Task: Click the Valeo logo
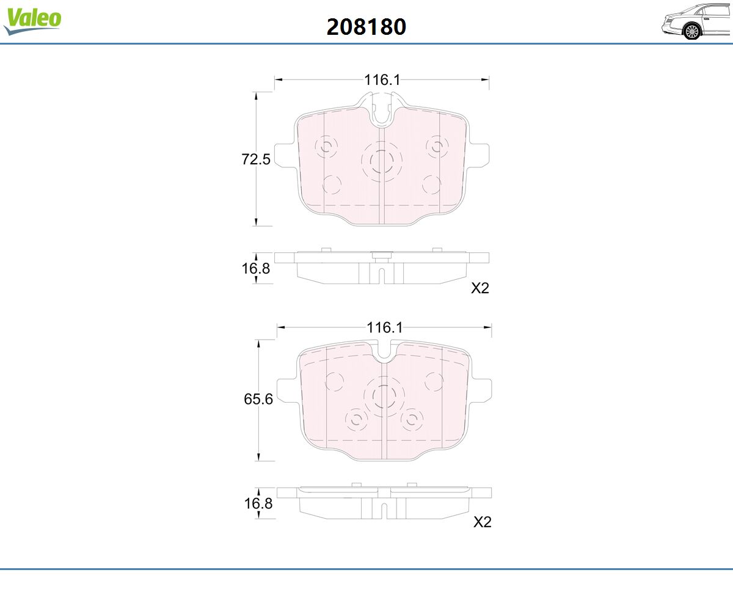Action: point(32,21)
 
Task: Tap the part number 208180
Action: point(366,27)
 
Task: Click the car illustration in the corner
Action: point(696,21)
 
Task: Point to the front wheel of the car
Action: point(692,32)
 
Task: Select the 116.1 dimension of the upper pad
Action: point(382,79)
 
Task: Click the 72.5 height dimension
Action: point(255,159)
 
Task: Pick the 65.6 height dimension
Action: point(258,399)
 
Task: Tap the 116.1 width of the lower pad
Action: point(384,327)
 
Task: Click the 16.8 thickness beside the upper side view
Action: point(255,268)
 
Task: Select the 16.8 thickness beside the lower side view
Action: point(258,503)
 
